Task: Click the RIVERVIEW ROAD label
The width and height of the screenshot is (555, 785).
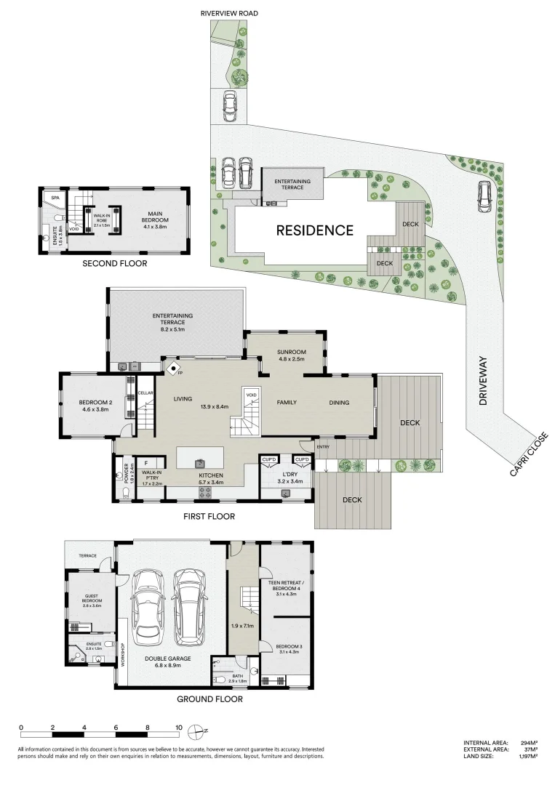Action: click(x=229, y=13)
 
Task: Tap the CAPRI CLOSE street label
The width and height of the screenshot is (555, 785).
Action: click(x=529, y=455)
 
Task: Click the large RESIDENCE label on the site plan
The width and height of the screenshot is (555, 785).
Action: click(x=314, y=230)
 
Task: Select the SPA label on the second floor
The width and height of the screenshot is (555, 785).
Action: click(x=54, y=197)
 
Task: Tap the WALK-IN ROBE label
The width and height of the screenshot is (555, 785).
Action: click(x=100, y=219)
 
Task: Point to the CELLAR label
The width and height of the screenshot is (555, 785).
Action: click(x=145, y=393)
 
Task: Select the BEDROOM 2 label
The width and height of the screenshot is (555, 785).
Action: click(x=94, y=406)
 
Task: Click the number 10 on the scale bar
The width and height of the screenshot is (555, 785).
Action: click(x=178, y=726)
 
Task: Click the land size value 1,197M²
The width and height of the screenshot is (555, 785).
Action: click(x=527, y=757)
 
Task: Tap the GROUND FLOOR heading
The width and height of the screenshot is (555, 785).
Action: click(x=209, y=699)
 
